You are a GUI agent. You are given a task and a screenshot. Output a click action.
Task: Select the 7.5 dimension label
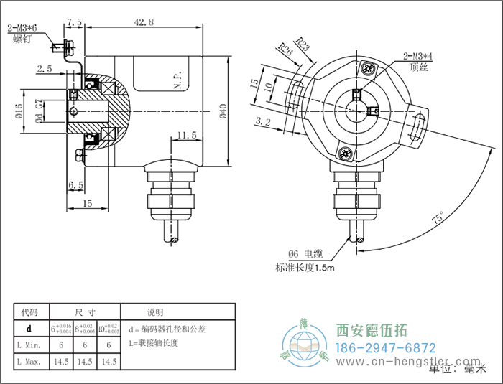pos(74,23)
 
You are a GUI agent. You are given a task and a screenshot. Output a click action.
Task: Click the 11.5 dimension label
pos(185,134)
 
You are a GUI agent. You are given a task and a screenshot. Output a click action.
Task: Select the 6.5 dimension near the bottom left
pos(75,185)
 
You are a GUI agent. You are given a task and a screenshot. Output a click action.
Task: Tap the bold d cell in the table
pos(29,329)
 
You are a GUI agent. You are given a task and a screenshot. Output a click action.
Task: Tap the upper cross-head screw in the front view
pos(369,69)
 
